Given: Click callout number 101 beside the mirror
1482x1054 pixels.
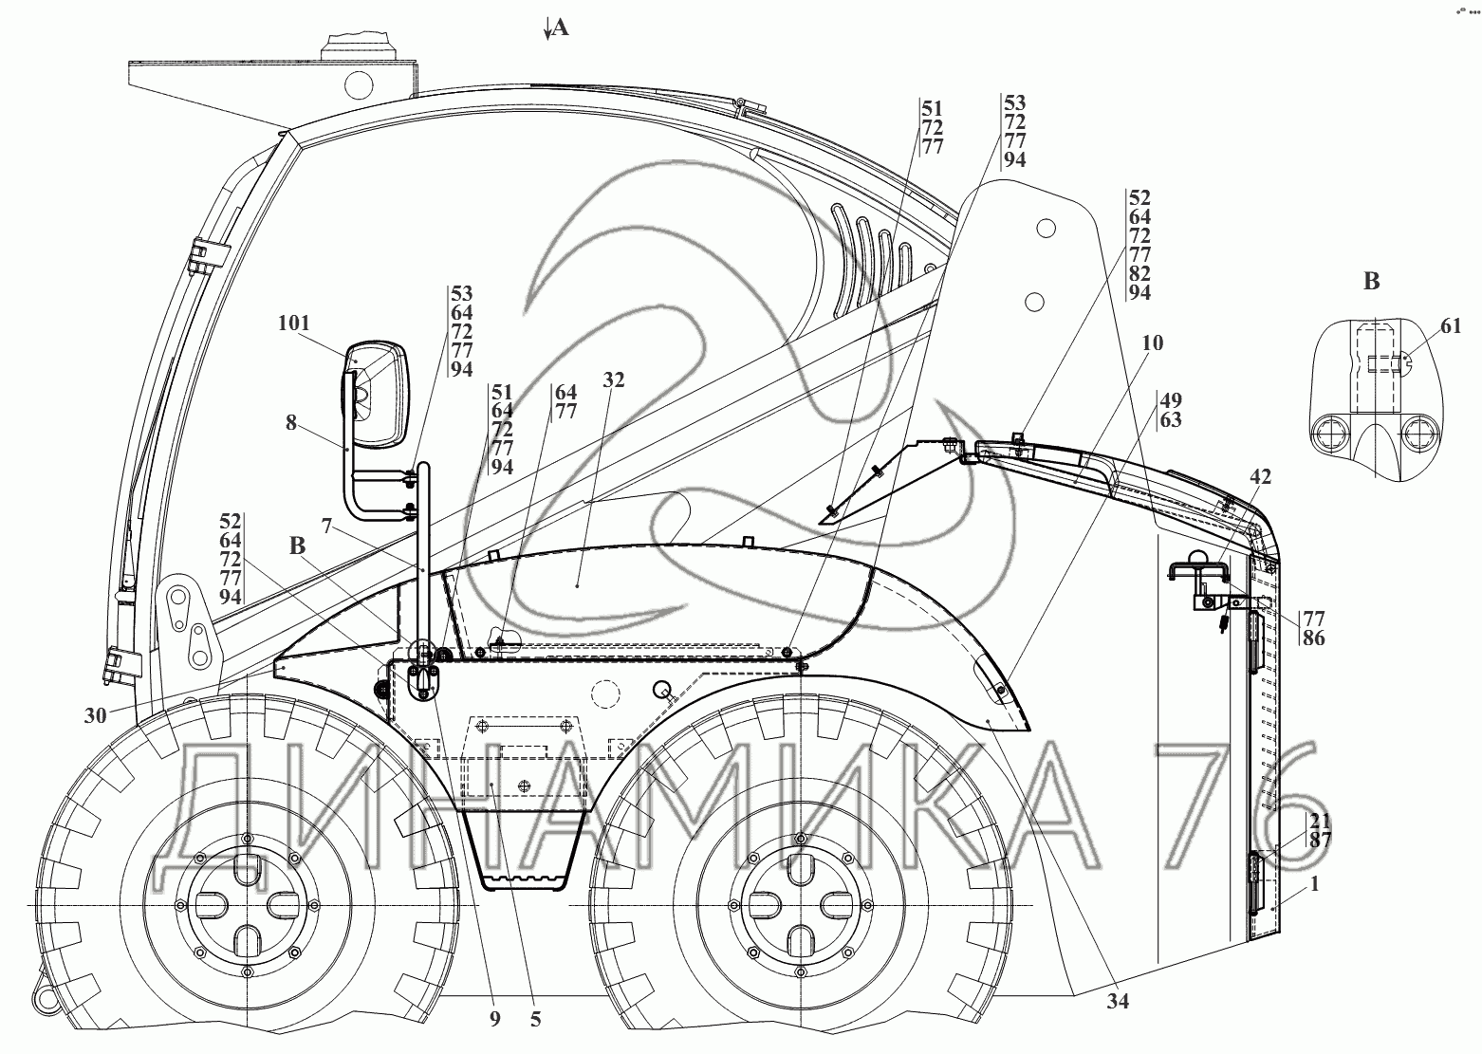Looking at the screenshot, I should (294, 324).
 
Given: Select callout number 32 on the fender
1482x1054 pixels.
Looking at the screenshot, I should (614, 379).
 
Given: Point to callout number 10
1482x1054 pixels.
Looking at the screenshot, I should (1152, 342).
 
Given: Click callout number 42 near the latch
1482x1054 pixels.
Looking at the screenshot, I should (1260, 478).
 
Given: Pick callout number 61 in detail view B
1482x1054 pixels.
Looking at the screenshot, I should (1450, 326).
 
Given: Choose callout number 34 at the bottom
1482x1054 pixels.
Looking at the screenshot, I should (1117, 1001).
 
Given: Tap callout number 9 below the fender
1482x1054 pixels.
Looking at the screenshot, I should (493, 1021).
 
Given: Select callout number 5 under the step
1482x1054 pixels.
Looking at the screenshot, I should (535, 1021).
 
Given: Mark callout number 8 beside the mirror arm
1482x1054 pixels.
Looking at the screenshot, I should (291, 424).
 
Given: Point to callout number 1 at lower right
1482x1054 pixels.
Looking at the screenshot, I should (1314, 884).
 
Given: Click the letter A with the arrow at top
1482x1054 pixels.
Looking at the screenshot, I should (558, 28).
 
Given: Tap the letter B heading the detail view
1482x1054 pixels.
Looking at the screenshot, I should (1372, 281).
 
